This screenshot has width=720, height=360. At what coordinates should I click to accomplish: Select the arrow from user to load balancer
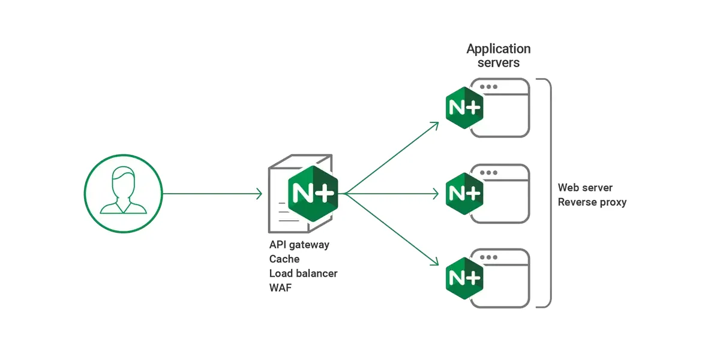[x=213, y=194]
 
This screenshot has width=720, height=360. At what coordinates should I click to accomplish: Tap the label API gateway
[x=299, y=245]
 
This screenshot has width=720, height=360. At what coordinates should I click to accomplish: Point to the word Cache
[x=284, y=259]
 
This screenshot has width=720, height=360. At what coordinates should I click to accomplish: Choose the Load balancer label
[x=303, y=274]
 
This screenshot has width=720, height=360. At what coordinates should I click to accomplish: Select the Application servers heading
[x=499, y=55]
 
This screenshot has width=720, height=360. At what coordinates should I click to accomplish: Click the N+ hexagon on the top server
[x=464, y=108]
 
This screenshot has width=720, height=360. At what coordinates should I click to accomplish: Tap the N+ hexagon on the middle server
[x=464, y=193]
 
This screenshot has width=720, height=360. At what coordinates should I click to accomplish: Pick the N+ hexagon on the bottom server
[x=464, y=278]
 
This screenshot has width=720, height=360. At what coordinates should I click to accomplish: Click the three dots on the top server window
[x=488, y=87]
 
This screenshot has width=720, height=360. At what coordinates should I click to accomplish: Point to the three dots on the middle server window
[x=488, y=172]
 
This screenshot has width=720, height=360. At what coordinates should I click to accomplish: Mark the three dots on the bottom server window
[x=488, y=257]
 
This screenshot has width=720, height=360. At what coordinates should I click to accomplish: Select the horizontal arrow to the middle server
[x=393, y=194]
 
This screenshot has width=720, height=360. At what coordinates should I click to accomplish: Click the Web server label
[x=585, y=188]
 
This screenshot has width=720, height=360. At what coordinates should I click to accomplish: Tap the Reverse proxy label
[x=592, y=202]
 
